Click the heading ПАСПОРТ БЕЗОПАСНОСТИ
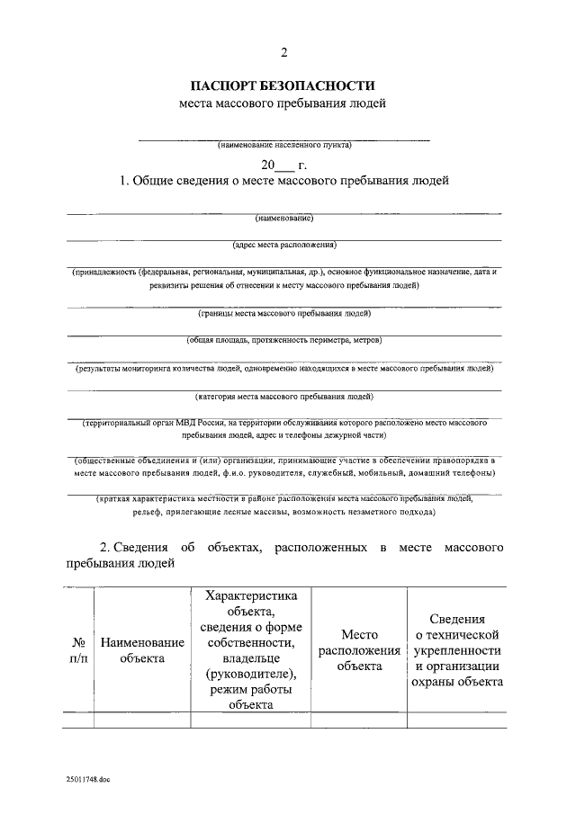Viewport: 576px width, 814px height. coord(283,86)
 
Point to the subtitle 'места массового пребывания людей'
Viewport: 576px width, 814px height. coord(283,104)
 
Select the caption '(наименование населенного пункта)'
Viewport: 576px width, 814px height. coord(283,144)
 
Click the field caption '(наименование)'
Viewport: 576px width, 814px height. coord(283,218)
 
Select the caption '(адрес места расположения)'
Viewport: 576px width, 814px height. coord(283,244)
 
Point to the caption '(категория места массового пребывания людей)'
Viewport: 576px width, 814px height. coord(283,396)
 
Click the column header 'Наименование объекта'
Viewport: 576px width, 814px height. coord(142,650)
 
